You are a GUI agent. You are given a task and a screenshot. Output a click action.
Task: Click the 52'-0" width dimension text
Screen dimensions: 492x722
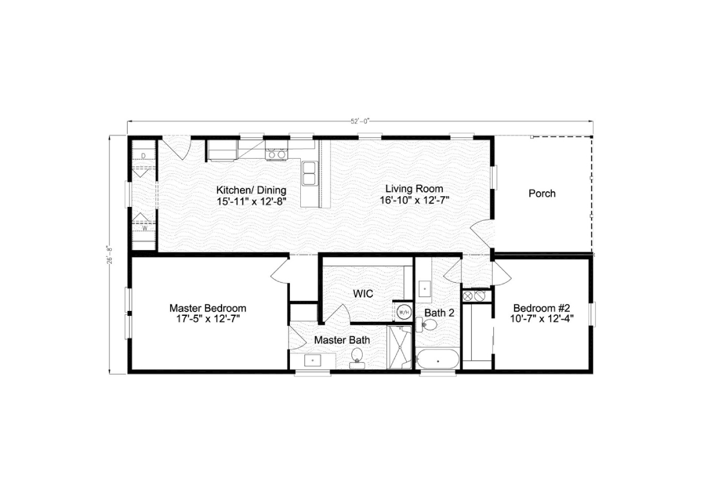tap(360, 121)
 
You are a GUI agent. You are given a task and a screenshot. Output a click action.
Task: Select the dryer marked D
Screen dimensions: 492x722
tap(143, 156)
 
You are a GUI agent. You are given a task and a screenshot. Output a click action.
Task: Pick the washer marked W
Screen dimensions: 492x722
tap(143, 227)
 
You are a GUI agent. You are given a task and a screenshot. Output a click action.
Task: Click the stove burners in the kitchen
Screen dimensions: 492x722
tap(277, 155)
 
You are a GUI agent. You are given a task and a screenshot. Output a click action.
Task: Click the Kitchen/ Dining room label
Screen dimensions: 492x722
tap(251, 190)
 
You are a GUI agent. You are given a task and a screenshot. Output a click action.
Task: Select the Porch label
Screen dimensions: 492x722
tap(541, 194)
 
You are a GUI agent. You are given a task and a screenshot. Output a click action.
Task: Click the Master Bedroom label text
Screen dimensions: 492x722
tap(208, 308)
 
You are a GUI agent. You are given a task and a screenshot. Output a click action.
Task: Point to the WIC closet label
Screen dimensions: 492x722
tap(363, 294)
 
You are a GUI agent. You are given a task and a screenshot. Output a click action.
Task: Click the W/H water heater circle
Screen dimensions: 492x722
tap(404, 312)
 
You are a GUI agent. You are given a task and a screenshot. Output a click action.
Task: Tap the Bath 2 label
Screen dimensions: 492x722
tap(439, 313)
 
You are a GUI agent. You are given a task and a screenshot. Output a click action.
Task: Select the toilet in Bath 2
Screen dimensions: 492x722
tap(428, 325)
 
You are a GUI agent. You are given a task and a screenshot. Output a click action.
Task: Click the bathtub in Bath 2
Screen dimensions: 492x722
tap(438, 361)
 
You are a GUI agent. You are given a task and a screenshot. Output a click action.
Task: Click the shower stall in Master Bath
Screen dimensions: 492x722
tap(399, 347)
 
